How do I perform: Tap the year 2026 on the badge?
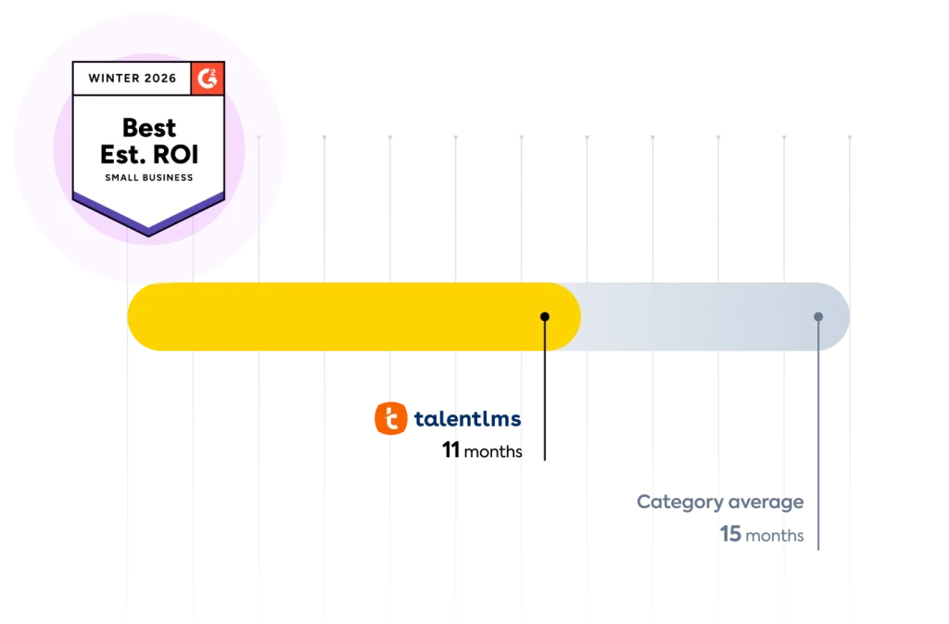[160, 79]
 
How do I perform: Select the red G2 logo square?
[208, 79]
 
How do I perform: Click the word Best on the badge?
[149, 127]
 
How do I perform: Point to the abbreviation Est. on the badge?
[120, 153]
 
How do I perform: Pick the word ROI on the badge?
[176, 153]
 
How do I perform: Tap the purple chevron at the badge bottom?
[148, 216]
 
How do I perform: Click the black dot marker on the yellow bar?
[545, 317]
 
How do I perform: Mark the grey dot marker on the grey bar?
[818, 317]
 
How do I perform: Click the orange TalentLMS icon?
[390, 419]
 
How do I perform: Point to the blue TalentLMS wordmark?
[467, 420]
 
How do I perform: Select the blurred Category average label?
[719, 503]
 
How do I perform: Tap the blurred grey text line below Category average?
[763, 535]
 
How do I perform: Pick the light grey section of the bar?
[704, 317]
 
